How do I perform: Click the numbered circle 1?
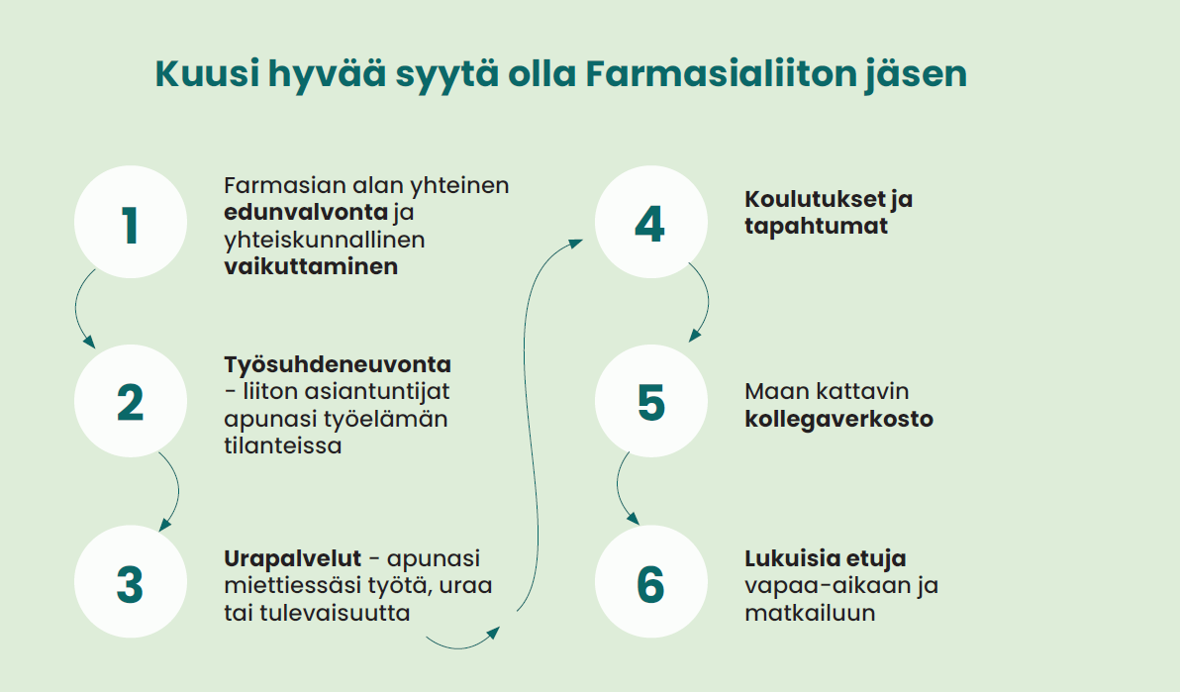tap(130, 224)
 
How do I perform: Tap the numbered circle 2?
tap(130, 402)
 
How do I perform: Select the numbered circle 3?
tap(130, 582)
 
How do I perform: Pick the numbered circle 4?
tap(649, 224)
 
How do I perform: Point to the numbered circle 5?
tap(649, 402)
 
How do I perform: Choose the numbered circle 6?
tap(649, 582)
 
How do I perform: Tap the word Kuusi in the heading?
tap(205, 75)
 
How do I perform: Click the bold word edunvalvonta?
tap(306, 213)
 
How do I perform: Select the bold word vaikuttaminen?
tap(311, 266)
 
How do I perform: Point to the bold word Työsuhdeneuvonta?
tap(338, 365)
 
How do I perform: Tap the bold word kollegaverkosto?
tap(838, 419)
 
